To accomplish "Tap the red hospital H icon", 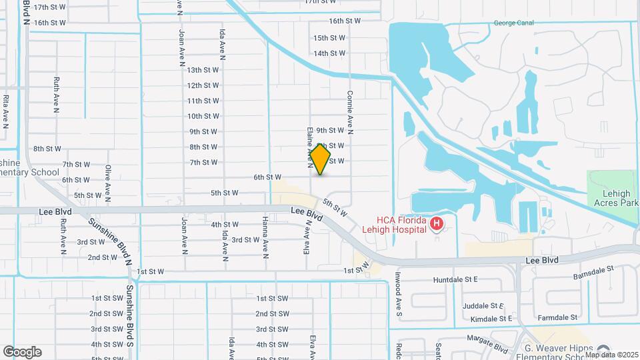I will [x=437, y=223].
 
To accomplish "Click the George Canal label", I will [x=514, y=23].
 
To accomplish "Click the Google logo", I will [x=22, y=351].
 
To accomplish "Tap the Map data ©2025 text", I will [x=611, y=354].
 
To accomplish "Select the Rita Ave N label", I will [x=6, y=111].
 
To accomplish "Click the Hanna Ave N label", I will [x=265, y=235].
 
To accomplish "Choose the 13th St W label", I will [x=203, y=69].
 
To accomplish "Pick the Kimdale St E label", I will [x=491, y=319].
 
